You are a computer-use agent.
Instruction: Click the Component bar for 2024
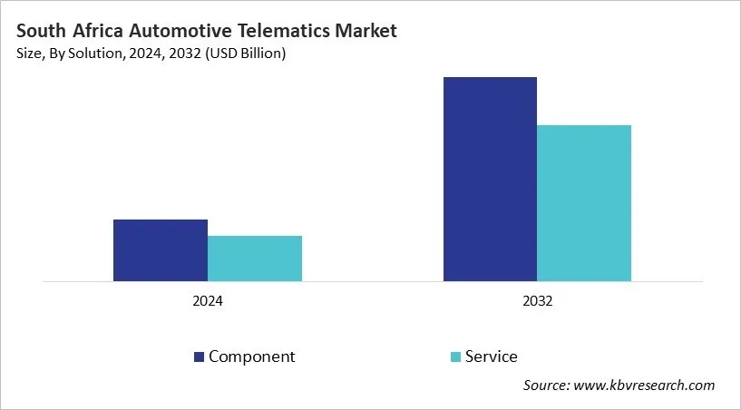[x=161, y=250]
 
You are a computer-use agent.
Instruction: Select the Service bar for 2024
[x=255, y=259]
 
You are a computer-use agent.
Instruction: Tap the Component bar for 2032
[x=490, y=179]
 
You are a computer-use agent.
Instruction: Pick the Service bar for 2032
[x=584, y=203]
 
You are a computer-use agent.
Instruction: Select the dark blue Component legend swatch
[x=199, y=357]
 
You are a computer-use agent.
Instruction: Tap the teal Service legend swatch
[x=455, y=357]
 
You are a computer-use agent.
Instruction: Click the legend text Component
[x=251, y=356]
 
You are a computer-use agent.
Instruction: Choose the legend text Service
[x=491, y=356]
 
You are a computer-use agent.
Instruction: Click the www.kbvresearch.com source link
[x=645, y=386]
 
